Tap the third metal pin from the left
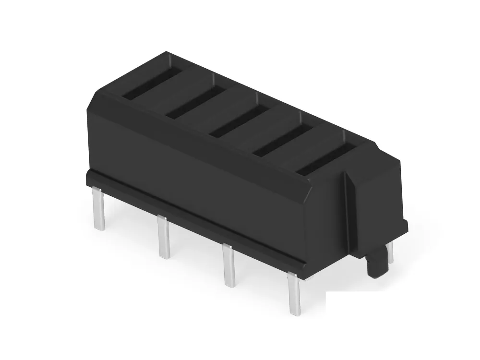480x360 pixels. [x=228, y=266]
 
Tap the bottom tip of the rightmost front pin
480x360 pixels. [x=295, y=312]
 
